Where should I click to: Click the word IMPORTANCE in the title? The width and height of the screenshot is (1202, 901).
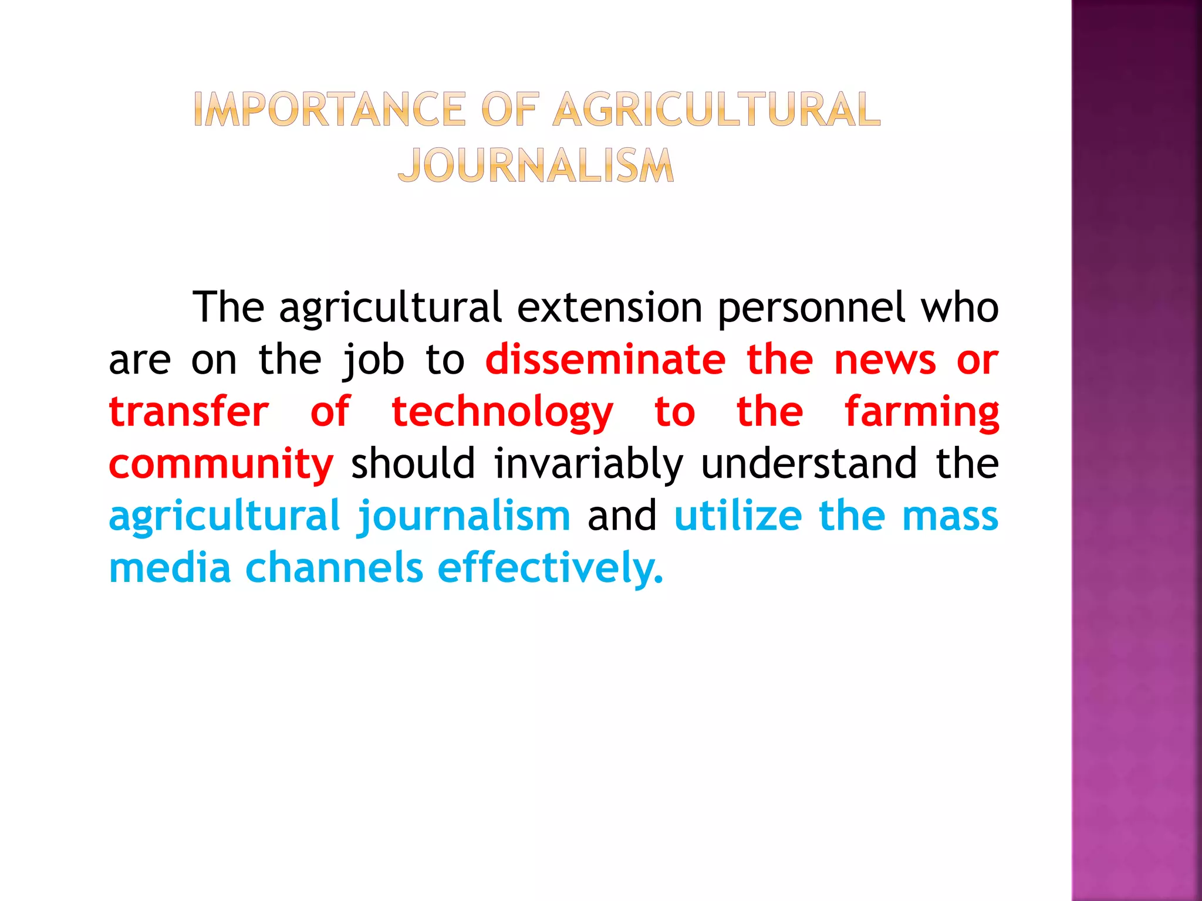click(x=329, y=110)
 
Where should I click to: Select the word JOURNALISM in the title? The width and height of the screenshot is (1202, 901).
click(x=536, y=165)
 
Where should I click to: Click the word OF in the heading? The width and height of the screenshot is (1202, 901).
click(x=509, y=110)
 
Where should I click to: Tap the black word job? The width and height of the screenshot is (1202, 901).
click(x=373, y=360)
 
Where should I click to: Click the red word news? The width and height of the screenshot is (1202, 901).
click(x=884, y=360)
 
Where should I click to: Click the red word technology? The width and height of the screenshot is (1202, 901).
click(x=502, y=413)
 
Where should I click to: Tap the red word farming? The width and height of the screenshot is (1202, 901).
click(x=921, y=413)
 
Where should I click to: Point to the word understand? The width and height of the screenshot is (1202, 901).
click(x=809, y=463)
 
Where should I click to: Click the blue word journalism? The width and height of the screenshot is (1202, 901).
click(x=464, y=517)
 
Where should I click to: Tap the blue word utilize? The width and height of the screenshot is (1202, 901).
click(x=738, y=516)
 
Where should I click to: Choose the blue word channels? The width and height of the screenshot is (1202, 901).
click(x=334, y=568)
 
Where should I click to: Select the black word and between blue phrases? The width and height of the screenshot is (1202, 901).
click(x=622, y=516)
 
